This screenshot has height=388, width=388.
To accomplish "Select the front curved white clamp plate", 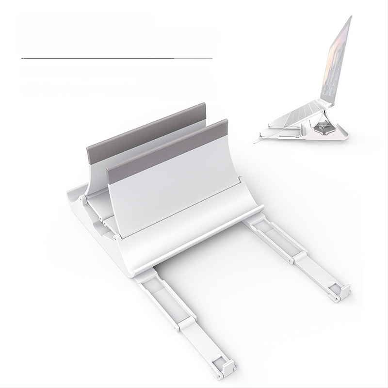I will [175, 204].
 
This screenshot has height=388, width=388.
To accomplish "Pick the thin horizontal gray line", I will [116, 59].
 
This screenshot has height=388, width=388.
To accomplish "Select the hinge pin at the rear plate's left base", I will [83, 199].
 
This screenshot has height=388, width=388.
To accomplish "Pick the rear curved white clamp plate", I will [97, 170].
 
